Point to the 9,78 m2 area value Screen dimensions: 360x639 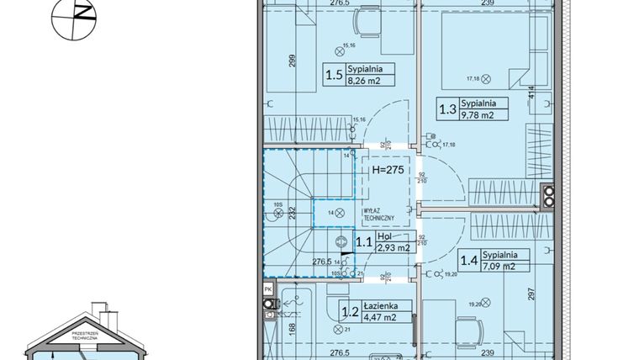[478, 116]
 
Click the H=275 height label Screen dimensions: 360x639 [388, 169]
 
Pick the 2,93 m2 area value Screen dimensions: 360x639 [393, 248]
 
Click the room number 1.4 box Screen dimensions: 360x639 [470, 262]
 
